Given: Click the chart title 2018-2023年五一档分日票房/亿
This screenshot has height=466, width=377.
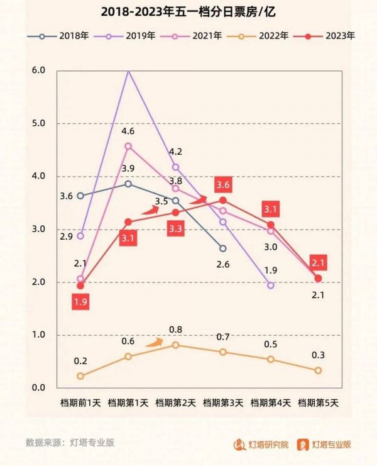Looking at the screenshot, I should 188,11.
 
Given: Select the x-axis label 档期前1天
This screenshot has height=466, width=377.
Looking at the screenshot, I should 80,401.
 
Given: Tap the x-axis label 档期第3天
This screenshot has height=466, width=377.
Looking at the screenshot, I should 223,401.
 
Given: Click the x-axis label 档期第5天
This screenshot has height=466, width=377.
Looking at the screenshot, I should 318,401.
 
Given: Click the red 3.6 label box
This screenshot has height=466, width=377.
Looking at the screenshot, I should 223,185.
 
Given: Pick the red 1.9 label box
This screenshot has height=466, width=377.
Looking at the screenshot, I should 80,302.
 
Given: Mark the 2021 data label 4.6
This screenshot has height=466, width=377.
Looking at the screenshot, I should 128,131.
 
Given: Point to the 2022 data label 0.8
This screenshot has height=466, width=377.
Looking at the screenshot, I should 176,330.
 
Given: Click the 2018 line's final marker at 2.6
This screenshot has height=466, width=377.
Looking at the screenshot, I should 223,248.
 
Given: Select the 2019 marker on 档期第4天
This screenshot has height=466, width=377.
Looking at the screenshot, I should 271,286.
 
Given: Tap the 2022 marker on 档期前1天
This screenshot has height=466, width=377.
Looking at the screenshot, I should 80,376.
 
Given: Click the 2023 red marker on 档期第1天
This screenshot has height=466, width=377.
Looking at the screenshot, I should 128,222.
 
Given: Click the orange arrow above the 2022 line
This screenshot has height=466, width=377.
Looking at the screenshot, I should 154,343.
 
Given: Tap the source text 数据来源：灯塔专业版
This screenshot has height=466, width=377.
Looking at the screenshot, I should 70,442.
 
